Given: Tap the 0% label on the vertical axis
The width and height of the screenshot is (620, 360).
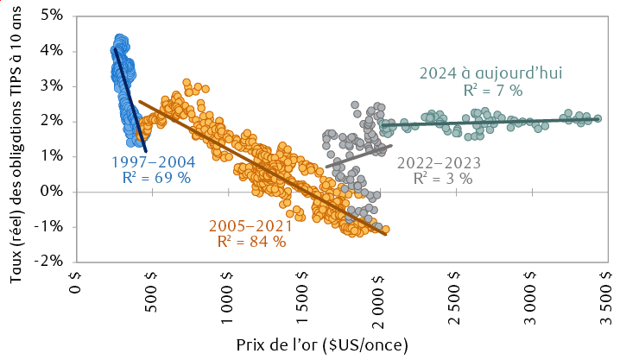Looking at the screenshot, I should (x=53, y=191).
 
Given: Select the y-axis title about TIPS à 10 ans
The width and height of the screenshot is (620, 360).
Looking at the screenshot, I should (x=16, y=138).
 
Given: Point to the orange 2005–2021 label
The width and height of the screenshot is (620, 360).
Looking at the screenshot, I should (x=248, y=226).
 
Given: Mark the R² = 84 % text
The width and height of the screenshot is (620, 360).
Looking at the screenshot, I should (x=248, y=243).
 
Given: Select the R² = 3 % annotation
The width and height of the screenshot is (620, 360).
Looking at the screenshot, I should (x=441, y=179).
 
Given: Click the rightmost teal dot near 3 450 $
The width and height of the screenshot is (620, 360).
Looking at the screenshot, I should (x=598, y=118).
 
